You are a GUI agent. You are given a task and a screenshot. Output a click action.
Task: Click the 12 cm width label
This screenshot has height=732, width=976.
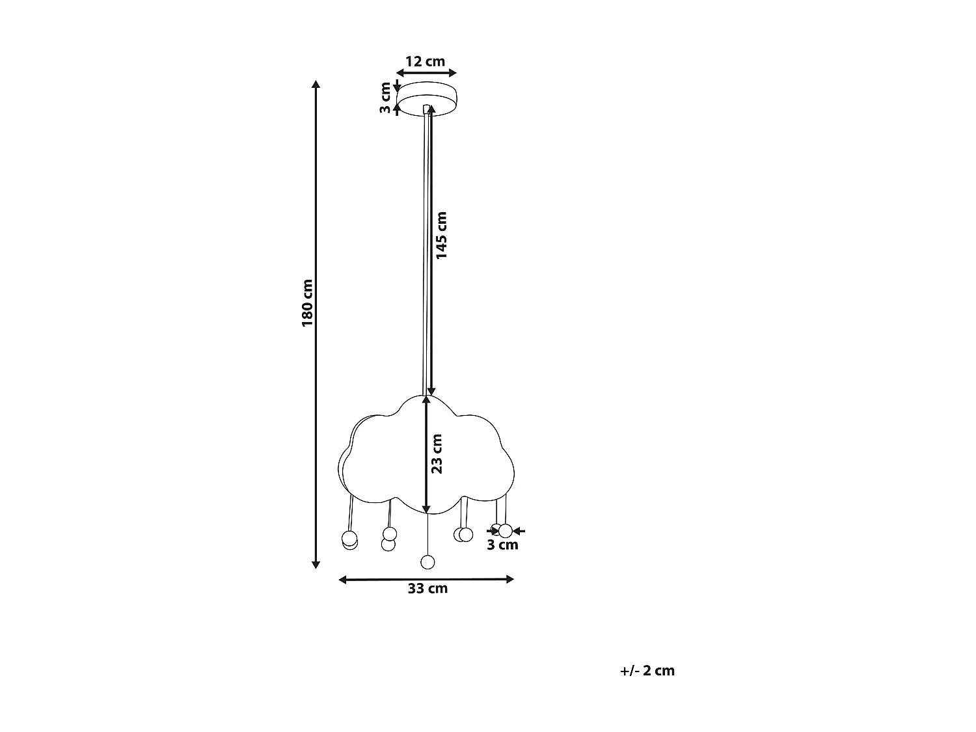(425, 62)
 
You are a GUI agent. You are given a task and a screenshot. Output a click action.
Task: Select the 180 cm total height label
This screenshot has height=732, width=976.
(308, 303)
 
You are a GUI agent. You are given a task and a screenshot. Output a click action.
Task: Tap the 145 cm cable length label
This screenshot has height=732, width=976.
(442, 235)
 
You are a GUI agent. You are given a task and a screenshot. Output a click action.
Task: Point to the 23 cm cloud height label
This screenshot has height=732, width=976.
(437, 454)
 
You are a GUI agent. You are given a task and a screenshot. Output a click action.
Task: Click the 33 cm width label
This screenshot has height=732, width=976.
(427, 589)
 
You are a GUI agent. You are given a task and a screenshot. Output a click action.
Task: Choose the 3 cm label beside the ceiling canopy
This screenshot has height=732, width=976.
(386, 98)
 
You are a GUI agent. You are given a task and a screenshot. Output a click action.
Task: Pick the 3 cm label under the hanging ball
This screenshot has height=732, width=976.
(502, 545)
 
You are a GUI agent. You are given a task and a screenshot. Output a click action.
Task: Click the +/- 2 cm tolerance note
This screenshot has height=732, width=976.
(647, 671)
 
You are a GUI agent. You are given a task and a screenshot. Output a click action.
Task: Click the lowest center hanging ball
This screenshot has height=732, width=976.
(427, 562)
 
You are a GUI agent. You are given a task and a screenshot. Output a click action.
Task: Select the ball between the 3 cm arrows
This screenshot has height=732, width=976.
(505, 531)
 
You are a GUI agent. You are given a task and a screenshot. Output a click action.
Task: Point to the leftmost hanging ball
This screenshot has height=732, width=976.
(349, 539)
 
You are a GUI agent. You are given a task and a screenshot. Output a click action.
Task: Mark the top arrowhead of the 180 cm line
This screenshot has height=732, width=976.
(316, 85)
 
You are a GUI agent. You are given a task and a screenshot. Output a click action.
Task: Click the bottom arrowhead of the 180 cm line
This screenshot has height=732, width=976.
(316, 564)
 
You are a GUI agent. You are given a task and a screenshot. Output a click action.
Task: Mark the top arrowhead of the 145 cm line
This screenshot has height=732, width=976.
(431, 109)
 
